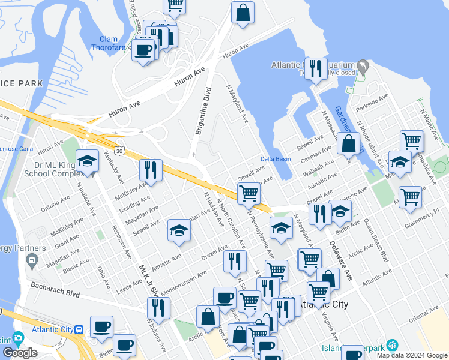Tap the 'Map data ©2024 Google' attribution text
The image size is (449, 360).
[412, 355]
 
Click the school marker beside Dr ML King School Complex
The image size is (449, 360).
[88, 161]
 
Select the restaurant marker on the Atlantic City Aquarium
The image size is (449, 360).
[317, 68]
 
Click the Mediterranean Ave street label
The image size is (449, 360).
[183, 279]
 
